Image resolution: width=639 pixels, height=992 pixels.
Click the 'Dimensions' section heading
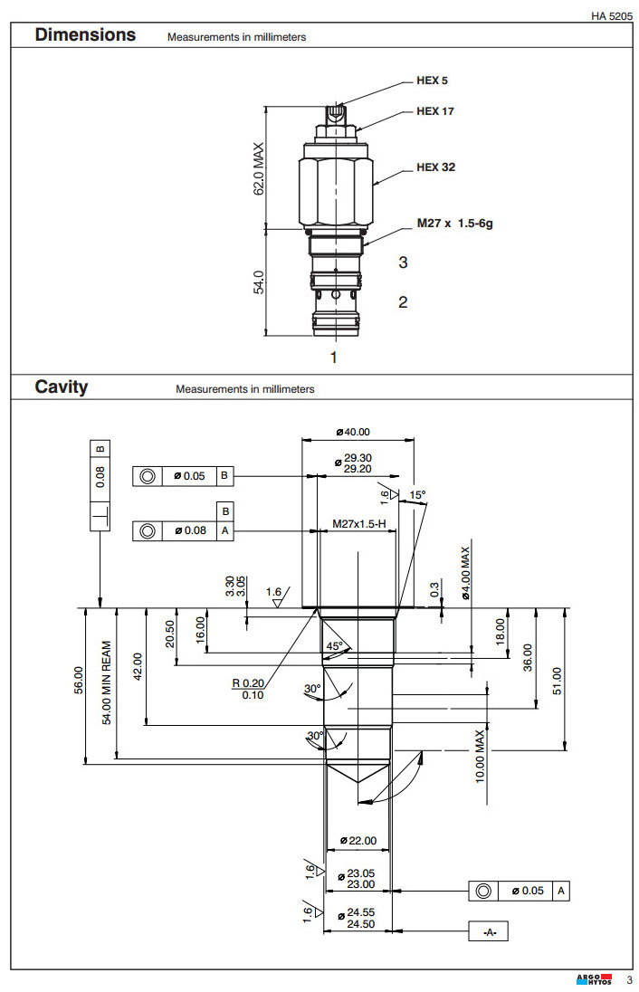click(85, 35)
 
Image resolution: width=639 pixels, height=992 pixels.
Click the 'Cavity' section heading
click(62, 387)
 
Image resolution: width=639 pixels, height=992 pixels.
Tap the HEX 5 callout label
click(432, 81)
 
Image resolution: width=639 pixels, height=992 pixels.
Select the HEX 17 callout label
click(434, 111)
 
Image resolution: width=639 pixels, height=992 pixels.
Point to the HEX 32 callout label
click(434, 167)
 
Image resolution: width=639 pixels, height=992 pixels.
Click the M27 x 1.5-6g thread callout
click(454, 223)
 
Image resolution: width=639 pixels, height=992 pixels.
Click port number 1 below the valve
click(333, 358)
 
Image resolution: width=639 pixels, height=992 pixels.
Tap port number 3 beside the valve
click(403, 262)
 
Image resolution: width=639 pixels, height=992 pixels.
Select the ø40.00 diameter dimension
click(353, 432)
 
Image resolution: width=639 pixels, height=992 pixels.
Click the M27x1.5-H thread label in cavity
click(358, 524)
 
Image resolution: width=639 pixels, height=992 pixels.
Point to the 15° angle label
click(416, 495)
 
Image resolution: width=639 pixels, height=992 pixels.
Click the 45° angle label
click(335, 646)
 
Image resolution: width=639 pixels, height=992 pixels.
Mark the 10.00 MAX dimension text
click(481, 755)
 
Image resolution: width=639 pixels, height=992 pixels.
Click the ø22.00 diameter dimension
click(358, 841)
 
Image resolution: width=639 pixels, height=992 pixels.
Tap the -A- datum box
click(491, 931)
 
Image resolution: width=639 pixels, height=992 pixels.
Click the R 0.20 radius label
click(247, 683)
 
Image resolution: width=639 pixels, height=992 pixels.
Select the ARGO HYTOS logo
click(594, 979)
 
